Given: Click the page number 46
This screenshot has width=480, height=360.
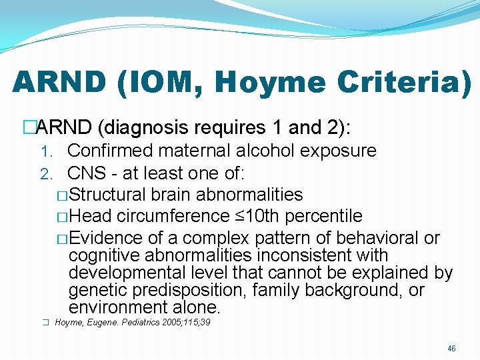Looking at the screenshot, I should click(x=452, y=349).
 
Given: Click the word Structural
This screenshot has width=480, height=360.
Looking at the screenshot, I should click(x=107, y=195).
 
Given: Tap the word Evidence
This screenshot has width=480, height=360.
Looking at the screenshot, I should click(x=106, y=238).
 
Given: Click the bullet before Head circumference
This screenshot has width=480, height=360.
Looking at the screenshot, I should click(x=62, y=217).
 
